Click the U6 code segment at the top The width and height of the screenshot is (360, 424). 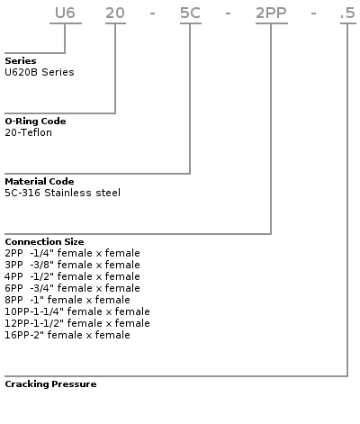pyautogui.click(x=65, y=14)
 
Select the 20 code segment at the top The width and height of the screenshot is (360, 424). pyautogui.click(x=115, y=14)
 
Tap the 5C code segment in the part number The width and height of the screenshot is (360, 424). pyautogui.click(x=190, y=14)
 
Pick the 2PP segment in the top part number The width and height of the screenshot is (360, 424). pyautogui.click(x=271, y=14)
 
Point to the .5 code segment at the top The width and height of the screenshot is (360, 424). pyautogui.click(x=348, y=14)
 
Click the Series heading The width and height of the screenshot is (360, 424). pyautogui.click(x=21, y=61)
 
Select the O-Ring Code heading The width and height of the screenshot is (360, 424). pyautogui.click(x=35, y=122)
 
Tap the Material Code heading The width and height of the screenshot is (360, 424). pyautogui.click(x=40, y=182)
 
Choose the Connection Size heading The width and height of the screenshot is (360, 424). pyautogui.click(x=44, y=242)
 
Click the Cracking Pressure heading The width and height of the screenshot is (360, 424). pyautogui.click(x=50, y=384)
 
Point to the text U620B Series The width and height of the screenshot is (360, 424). pyautogui.click(x=40, y=72)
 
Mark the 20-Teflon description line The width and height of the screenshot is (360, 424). pyautogui.click(x=28, y=132)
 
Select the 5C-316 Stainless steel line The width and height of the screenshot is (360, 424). pyautogui.click(x=62, y=193)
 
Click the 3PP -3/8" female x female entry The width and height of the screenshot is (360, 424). pyautogui.click(x=72, y=265)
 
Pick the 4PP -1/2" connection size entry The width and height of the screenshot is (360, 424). pyautogui.click(x=72, y=276)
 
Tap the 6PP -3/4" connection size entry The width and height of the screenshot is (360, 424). pyautogui.click(x=72, y=288)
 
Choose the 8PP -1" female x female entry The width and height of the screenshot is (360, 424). pyautogui.click(x=67, y=300)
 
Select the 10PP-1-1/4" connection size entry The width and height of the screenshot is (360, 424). pyautogui.click(x=77, y=311)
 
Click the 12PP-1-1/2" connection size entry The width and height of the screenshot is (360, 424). pyautogui.click(x=77, y=323)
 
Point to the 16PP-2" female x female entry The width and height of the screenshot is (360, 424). pyautogui.click(x=67, y=335)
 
